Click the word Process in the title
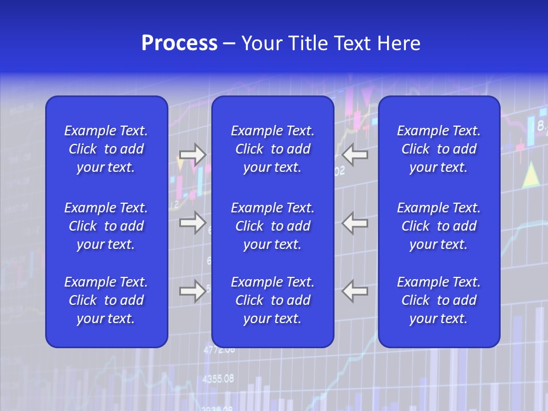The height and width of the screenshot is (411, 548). pyautogui.click(x=179, y=43)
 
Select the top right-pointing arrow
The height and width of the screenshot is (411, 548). pyautogui.click(x=192, y=155)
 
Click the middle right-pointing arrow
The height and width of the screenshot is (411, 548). pyautogui.click(x=192, y=222)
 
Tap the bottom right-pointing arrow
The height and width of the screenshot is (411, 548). pyautogui.click(x=192, y=291)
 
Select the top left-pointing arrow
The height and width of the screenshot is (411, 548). pyautogui.click(x=355, y=154)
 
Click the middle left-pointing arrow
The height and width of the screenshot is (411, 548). pyautogui.click(x=355, y=222)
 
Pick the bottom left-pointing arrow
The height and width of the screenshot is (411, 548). pyautogui.click(x=355, y=291)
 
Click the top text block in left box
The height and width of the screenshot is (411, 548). pyautogui.click(x=106, y=149)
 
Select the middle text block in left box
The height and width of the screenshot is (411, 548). pyautogui.click(x=106, y=226)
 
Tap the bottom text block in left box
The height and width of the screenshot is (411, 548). pyautogui.click(x=106, y=300)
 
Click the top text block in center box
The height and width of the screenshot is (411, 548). pyautogui.click(x=273, y=149)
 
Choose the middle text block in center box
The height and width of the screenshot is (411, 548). pyautogui.click(x=273, y=226)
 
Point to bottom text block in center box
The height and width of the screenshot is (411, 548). pyautogui.click(x=273, y=300)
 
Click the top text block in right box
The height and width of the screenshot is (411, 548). pyautogui.click(x=439, y=149)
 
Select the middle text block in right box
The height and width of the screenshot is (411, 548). pyautogui.click(x=439, y=226)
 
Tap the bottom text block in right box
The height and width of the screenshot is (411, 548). pyautogui.click(x=439, y=300)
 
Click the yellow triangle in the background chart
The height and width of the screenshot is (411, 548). pyautogui.click(x=531, y=175)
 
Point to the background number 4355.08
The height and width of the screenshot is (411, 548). pyautogui.click(x=218, y=378)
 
